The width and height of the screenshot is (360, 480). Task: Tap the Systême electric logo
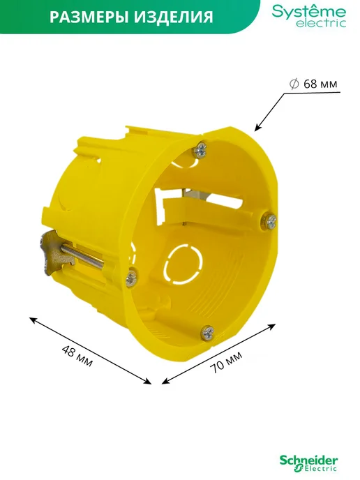point(309,16)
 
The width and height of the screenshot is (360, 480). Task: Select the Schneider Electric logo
point(308,463)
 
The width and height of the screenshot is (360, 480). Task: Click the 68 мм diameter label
point(320,84)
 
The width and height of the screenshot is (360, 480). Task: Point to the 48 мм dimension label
point(77,356)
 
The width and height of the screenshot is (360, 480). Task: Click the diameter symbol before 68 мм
point(294,84)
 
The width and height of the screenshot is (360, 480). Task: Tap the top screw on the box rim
point(200,149)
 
